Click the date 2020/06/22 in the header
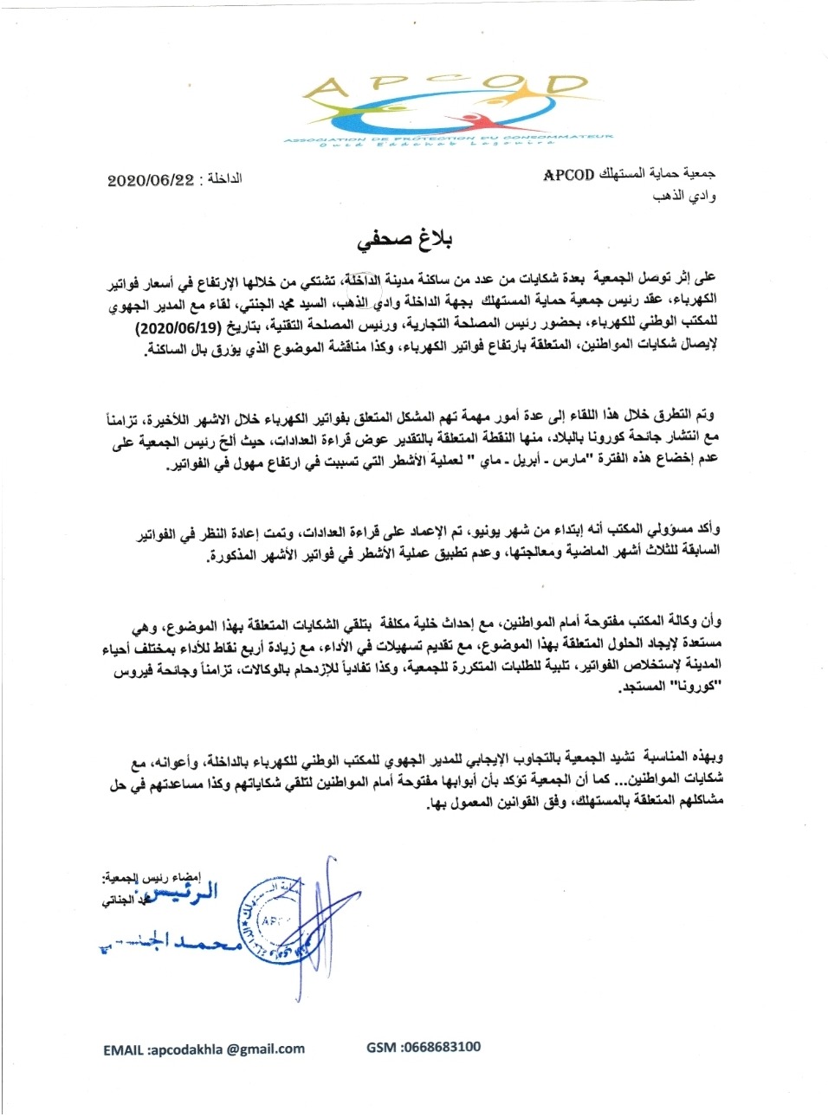[x=150, y=180]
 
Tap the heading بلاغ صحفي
[x=406, y=238]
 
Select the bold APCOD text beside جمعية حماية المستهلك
[x=568, y=175]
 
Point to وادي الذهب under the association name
[x=684, y=197]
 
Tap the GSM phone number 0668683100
[x=446, y=1046]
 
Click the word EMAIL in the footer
[x=123, y=1049]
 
